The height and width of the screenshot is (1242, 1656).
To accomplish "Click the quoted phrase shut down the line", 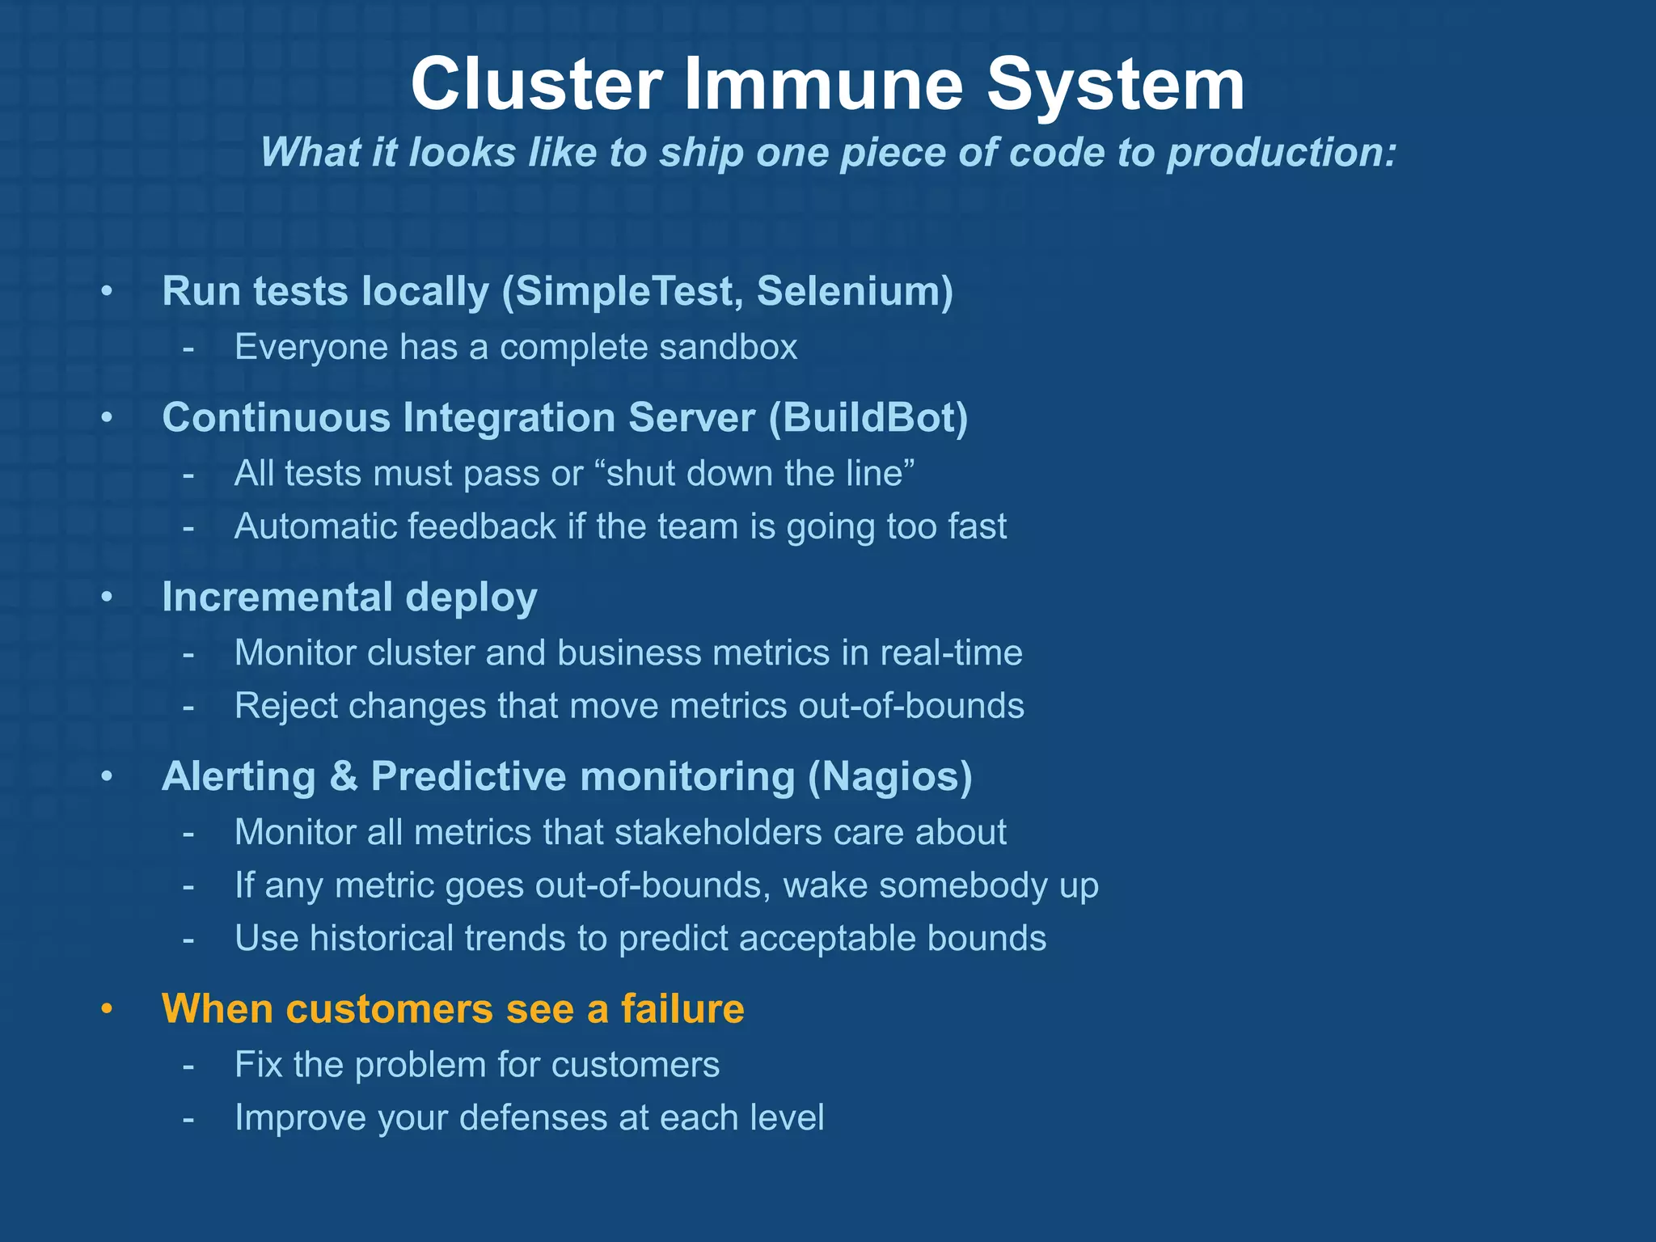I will [x=760, y=474].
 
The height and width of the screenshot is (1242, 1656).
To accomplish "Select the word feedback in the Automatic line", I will [x=481, y=526].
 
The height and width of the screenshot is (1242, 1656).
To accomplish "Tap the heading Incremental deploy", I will [x=349, y=598].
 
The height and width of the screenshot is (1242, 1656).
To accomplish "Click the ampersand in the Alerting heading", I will [x=344, y=777].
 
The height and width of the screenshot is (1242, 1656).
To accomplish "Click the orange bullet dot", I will [x=107, y=1010].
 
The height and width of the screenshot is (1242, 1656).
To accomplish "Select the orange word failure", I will [x=682, y=1009].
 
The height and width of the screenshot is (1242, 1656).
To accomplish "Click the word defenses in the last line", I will [x=534, y=1118].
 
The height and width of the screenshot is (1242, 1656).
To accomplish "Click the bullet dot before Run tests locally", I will [x=107, y=292].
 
